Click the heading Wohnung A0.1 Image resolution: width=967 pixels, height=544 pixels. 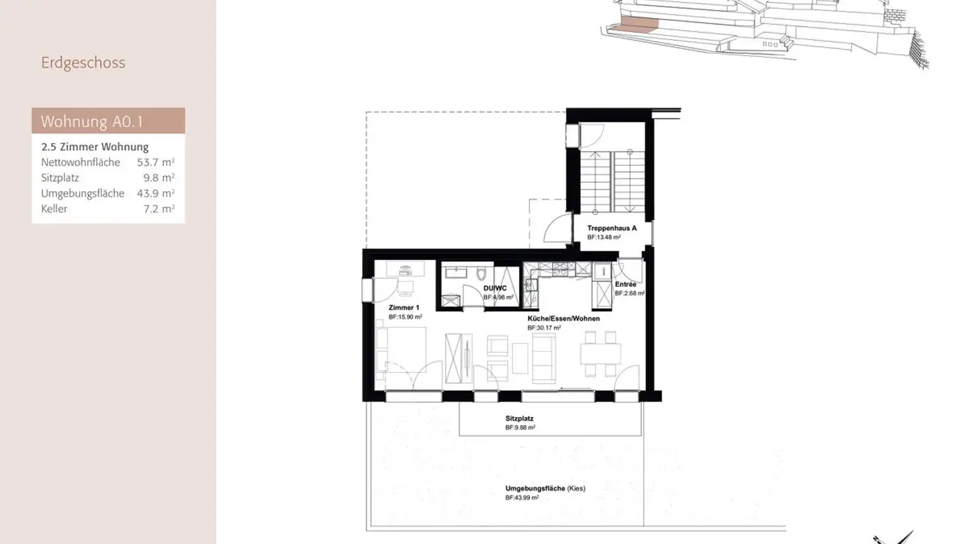91,122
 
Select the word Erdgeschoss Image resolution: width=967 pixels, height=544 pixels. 83,63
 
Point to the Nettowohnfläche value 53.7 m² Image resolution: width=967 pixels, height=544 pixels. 155,163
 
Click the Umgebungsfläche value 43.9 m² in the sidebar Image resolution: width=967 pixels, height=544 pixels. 155,193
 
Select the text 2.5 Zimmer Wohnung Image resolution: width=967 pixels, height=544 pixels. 95,147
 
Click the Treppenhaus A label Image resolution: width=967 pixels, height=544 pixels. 612,228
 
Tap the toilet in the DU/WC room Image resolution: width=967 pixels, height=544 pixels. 481,274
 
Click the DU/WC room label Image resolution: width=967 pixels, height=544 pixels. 495,288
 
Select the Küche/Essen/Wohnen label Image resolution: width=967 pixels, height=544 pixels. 563,318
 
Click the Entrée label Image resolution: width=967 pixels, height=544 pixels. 625,285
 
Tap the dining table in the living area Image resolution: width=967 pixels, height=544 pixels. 600,353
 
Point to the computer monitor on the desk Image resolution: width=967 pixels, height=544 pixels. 405,270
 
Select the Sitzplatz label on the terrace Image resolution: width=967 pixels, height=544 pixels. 519,418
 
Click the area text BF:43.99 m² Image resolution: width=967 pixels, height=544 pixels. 520,497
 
